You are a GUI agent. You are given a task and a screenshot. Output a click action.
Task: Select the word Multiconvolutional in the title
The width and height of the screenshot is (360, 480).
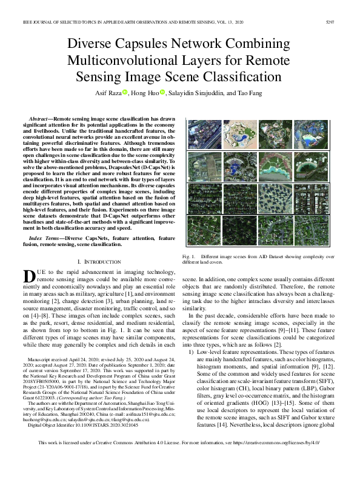121,61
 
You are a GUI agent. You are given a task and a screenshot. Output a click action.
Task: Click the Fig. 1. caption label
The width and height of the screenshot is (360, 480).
188,258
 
